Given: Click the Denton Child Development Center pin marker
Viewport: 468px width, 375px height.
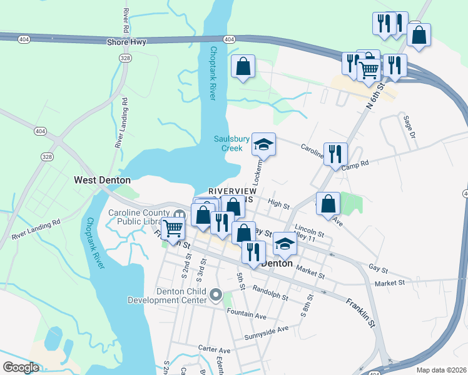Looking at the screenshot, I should click(216, 294).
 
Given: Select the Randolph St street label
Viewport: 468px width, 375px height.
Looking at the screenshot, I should click(270, 289).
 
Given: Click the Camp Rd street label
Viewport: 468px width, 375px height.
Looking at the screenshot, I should click(357, 162).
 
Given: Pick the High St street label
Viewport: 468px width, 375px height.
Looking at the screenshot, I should click(278, 204).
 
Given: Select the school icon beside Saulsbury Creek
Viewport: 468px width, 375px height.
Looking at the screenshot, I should click(264, 146).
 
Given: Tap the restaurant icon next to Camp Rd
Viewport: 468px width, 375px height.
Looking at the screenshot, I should click(335, 152).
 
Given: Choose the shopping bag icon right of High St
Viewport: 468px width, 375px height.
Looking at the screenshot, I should click(328, 203).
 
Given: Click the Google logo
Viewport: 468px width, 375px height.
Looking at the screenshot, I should click(21, 367).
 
